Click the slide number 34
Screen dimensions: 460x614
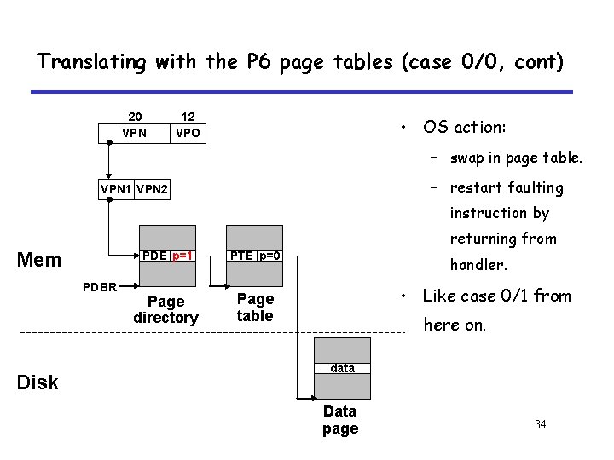coord(540,424)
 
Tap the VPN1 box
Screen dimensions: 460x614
coord(116,187)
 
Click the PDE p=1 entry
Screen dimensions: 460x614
coord(166,256)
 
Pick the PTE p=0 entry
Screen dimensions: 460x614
coord(254,256)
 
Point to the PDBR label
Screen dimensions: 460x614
coord(100,285)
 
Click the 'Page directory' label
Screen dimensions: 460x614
coord(165,309)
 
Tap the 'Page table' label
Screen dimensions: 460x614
coord(255,308)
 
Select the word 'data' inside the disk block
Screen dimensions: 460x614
coord(343,368)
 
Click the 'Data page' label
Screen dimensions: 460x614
coord(340,420)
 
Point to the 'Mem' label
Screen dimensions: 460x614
coord(38,260)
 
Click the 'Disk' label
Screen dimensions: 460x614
coord(38,382)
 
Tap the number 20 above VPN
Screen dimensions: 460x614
coord(135,117)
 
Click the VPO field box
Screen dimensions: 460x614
coord(188,133)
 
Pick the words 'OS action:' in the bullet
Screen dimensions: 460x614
coord(465,127)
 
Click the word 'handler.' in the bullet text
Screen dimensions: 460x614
coord(478,265)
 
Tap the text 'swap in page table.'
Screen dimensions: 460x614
coord(517,158)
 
